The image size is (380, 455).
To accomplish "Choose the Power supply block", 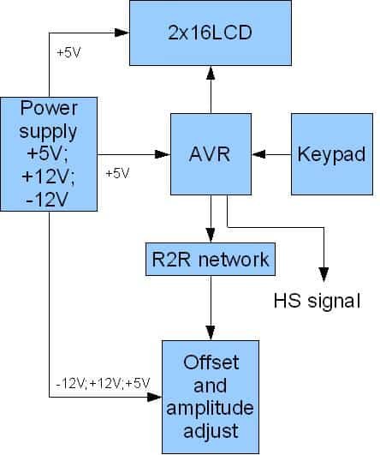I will [50, 154].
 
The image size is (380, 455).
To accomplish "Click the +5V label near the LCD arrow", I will [69, 52].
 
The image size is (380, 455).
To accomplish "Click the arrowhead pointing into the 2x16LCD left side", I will [123, 33].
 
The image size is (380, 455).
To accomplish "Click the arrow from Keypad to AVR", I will [273, 155].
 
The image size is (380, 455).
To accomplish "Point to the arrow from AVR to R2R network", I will [211, 219].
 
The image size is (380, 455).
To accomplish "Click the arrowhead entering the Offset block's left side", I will [156, 398].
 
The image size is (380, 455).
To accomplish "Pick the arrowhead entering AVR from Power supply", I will [162, 155].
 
